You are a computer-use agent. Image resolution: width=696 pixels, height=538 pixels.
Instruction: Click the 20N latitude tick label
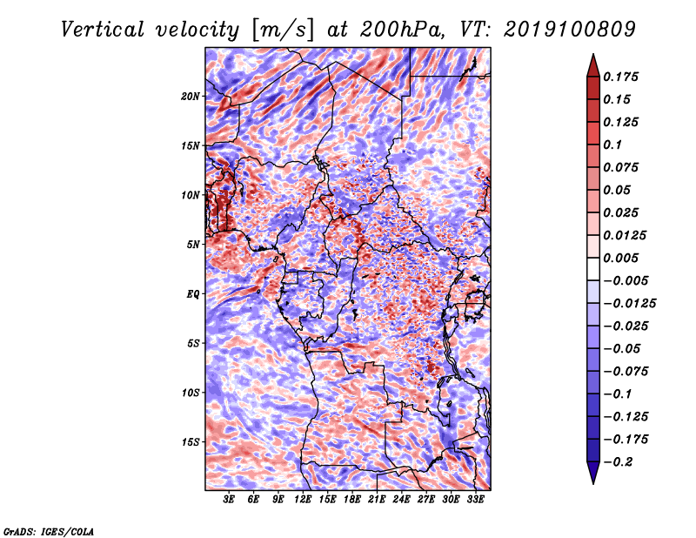tap(191, 96)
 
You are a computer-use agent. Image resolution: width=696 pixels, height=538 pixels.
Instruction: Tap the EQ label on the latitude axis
tap(193, 293)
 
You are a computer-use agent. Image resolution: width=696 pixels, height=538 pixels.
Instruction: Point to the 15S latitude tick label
tap(191, 442)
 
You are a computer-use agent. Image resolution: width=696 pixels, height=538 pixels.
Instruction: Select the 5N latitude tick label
tap(193, 245)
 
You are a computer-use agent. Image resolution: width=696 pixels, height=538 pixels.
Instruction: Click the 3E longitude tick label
tap(229, 499)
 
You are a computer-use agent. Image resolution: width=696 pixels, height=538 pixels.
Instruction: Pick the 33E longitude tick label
tap(475, 499)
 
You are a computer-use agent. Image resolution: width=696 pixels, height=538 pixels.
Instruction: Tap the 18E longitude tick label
tap(352, 499)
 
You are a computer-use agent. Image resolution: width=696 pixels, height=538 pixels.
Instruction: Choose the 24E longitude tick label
tap(401, 499)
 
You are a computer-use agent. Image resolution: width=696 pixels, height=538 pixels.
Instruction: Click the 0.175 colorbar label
tap(620, 77)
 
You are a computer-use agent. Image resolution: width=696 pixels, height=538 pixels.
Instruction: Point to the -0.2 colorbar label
tap(618, 462)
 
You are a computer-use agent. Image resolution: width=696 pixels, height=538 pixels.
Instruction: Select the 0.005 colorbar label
tap(620, 258)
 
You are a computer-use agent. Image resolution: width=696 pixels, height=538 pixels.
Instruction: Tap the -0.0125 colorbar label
tap(629, 304)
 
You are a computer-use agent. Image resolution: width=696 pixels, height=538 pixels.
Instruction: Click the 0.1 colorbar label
tap(612, 145)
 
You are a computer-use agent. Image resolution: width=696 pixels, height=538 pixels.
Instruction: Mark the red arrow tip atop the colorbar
tap(593, 54)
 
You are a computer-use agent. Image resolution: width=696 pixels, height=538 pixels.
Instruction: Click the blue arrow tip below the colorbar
tap(593, 483)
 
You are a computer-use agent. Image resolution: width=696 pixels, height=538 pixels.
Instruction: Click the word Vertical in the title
tap(102, 30)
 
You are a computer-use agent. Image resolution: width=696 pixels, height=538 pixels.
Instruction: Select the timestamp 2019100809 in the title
tap(570, 30)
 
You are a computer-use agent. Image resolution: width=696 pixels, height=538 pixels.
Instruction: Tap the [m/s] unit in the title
tap(283, 30)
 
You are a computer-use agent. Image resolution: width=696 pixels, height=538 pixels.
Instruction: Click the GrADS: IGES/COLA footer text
tap(49, 531)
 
